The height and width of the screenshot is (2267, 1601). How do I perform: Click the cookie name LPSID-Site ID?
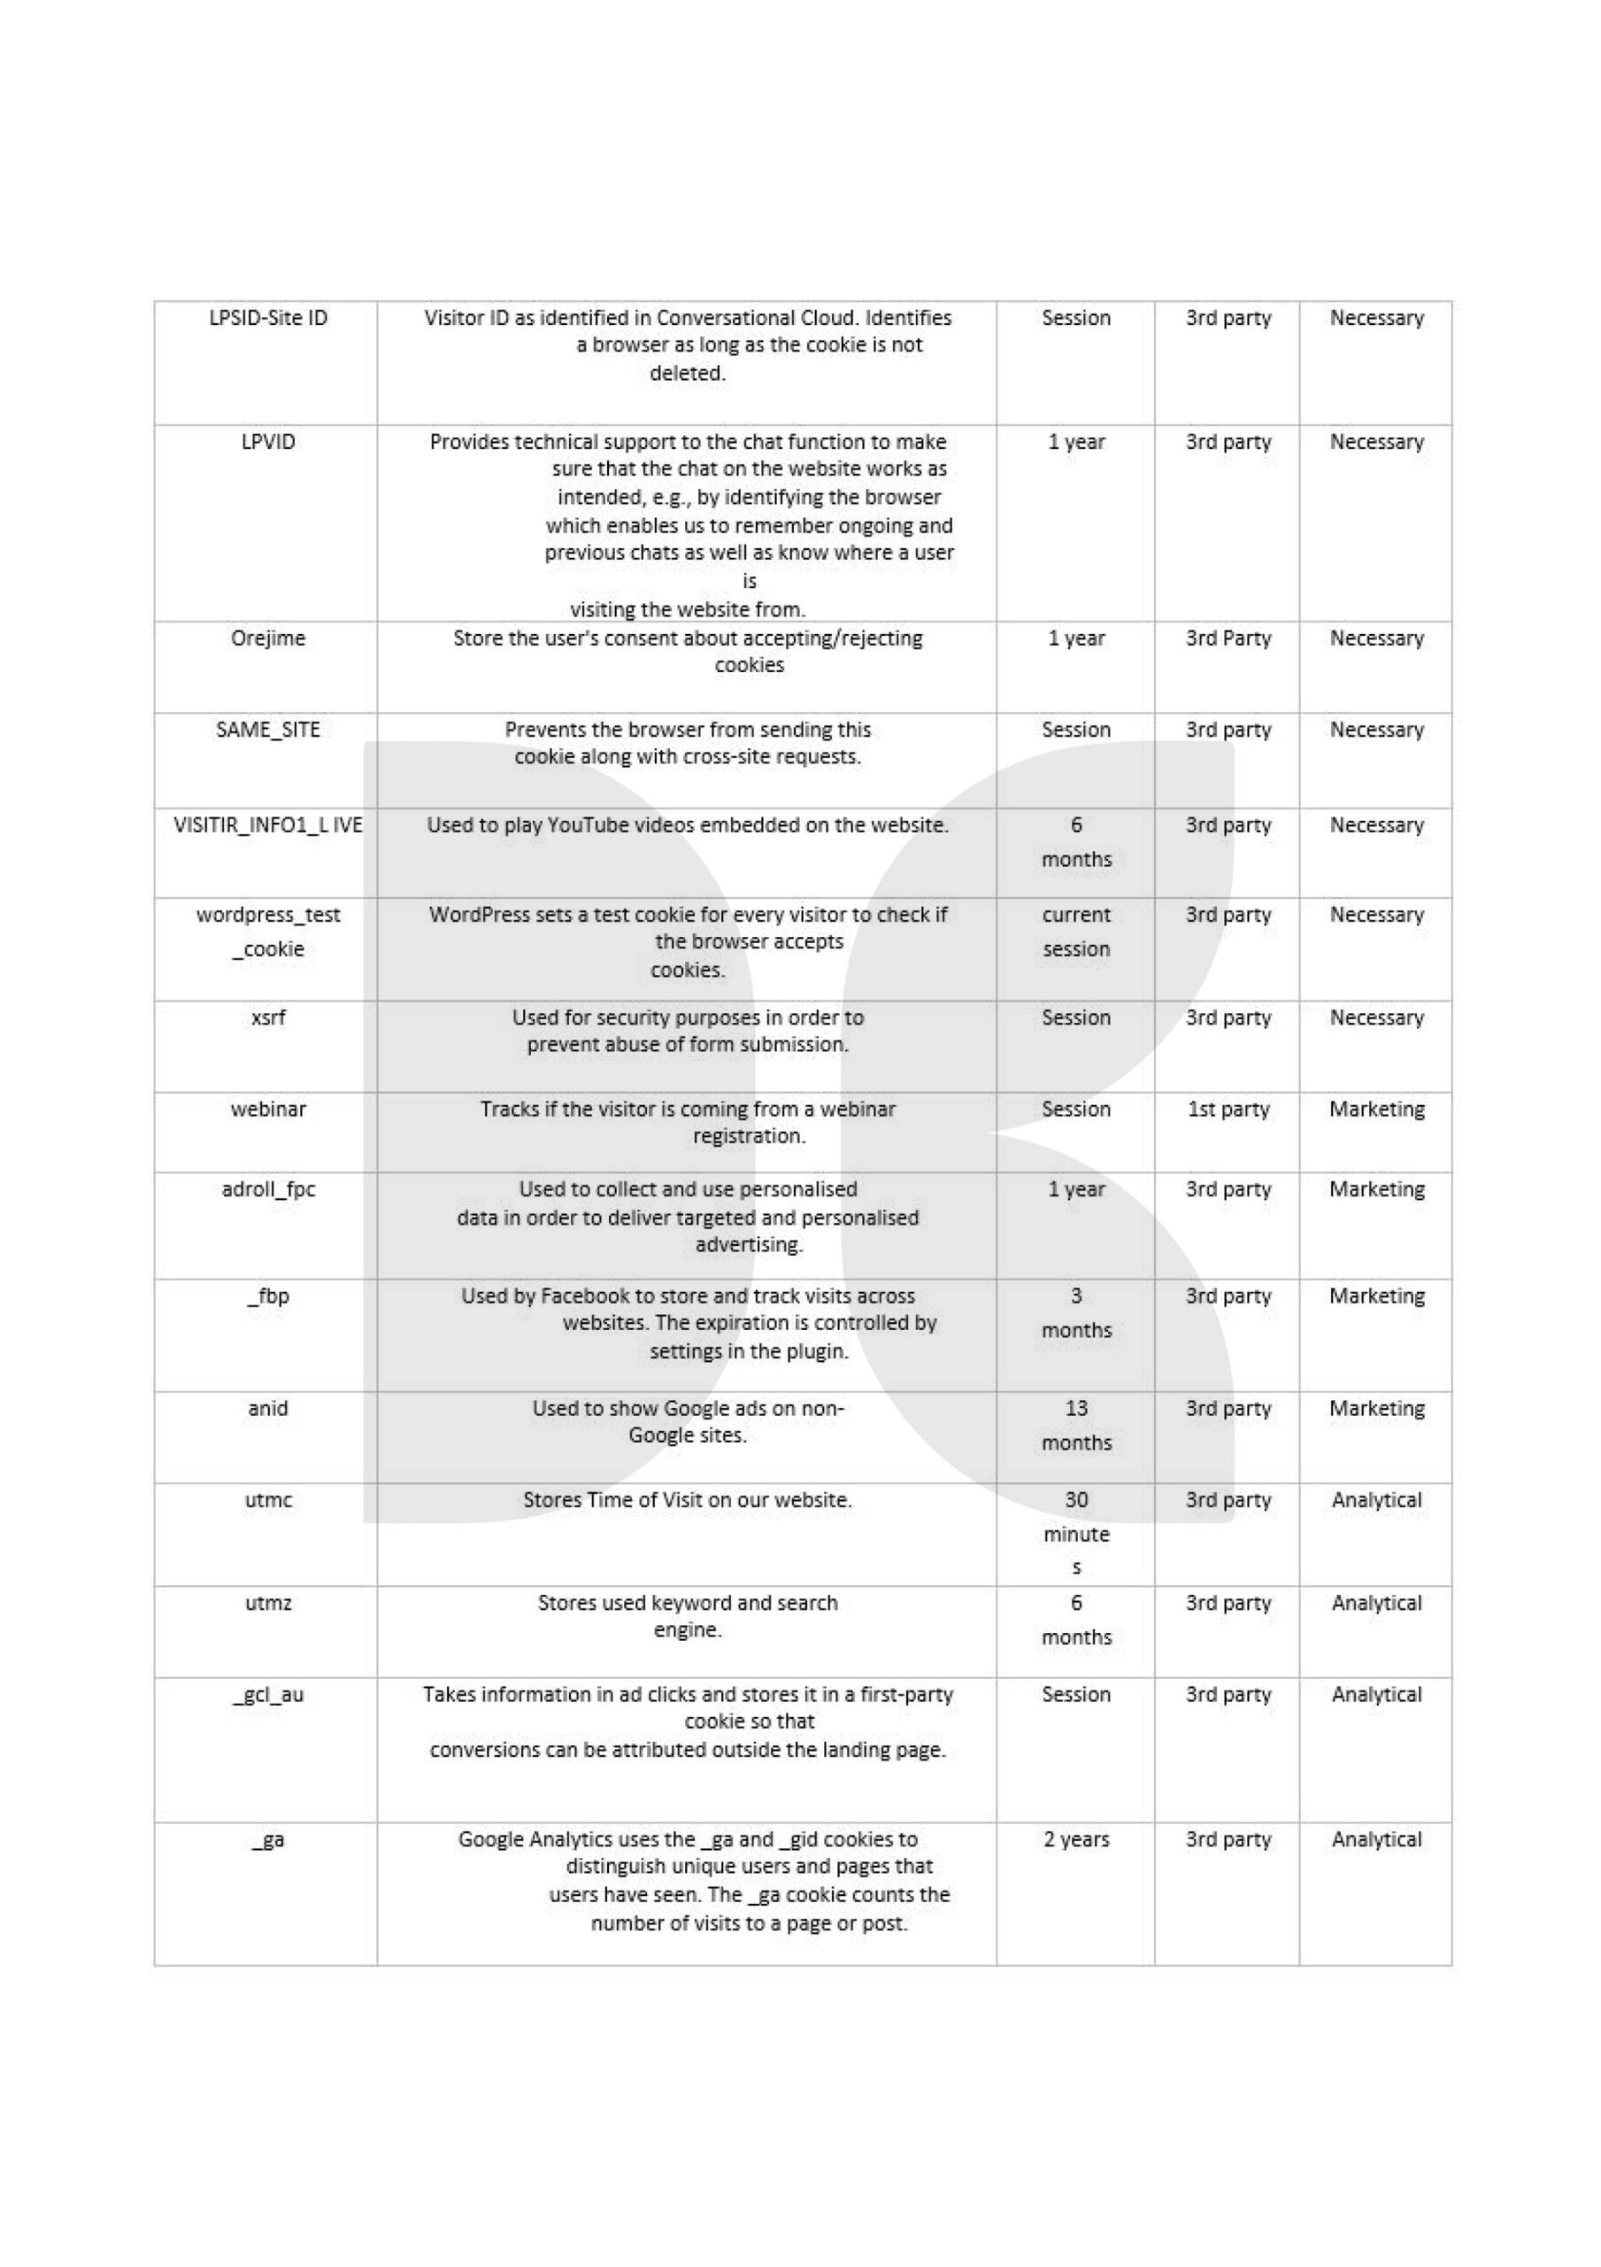[267, 318]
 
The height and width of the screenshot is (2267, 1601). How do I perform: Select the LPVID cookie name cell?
[267, 441]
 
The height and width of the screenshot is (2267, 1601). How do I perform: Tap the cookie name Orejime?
[267, 638]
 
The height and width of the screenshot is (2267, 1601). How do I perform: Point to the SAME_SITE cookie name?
[267, 730]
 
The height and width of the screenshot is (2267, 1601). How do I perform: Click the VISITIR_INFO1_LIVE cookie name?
[267, 824]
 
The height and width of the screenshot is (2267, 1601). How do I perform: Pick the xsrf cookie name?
[267, 1017]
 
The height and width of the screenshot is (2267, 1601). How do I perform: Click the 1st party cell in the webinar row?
[1228, 1109]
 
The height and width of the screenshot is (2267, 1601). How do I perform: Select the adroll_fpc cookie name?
[267, 1188]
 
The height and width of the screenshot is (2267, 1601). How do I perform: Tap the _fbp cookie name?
[267, 1296]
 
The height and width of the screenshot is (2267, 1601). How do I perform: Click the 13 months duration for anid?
[1076, 1425]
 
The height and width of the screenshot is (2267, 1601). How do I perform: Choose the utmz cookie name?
[267, 1603]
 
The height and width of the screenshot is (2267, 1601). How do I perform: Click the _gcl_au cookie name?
[267, 1694]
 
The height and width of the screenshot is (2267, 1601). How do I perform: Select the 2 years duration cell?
[1076, 1839]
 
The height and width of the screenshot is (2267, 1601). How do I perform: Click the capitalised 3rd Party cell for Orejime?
[1228, 638]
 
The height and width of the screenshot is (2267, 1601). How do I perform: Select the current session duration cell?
[1076, 931]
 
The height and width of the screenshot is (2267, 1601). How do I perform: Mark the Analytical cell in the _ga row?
[1376, 1839]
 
